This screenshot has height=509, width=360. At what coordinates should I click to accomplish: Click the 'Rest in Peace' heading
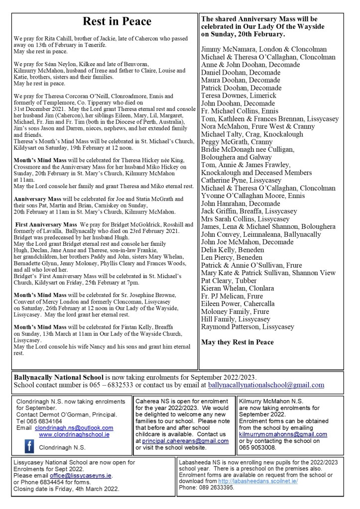pyautogui.click(x=117, y=21)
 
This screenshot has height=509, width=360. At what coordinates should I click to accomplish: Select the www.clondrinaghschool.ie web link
pyautogui.click(x=74, y=434)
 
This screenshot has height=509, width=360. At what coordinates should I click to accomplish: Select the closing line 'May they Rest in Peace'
pyautogui.click(x=237, y=342)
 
